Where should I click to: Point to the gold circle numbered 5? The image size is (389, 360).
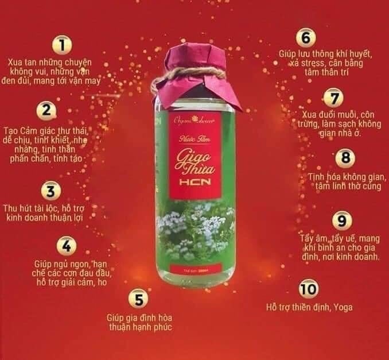tap(139, 299)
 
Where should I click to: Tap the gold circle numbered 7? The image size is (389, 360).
tap(333, 96)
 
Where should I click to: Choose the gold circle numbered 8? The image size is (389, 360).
tap(345, 158)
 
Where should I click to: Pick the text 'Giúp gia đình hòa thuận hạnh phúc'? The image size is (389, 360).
tap(139, 322)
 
